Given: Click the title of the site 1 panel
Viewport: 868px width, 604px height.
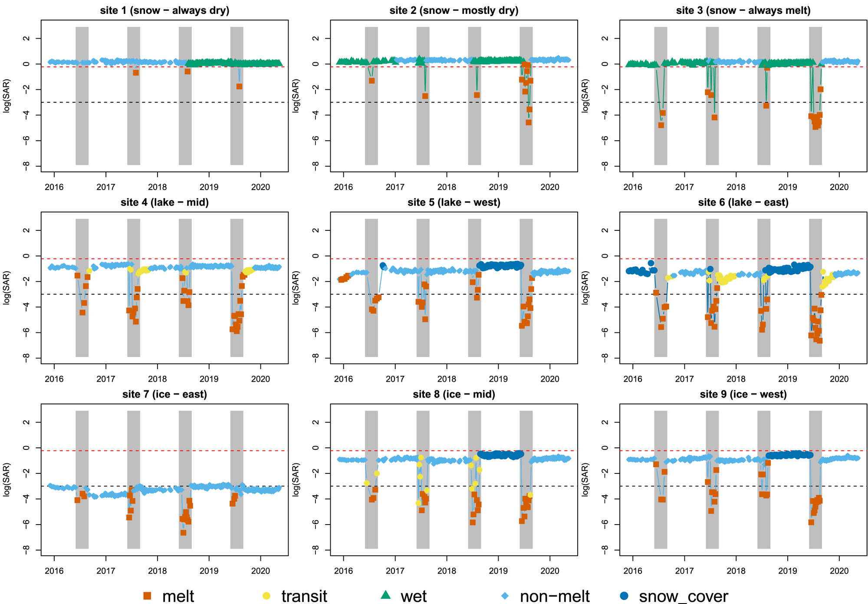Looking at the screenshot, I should pyautogui.click(x=164, y=10).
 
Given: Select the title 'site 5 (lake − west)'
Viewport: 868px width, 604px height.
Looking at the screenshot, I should pyautogui.click(x=454, y=202).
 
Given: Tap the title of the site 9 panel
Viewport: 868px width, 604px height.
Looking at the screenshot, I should pyautogui.click(x=743, y=394).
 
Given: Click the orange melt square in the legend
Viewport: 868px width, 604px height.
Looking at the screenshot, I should pyautogui.click(x=148, y=596).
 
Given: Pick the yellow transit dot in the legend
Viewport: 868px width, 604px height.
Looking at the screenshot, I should pyautogui.click(x=266, y=596).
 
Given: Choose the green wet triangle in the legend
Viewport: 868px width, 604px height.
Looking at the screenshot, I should pyautogui.click(x=385, y=595).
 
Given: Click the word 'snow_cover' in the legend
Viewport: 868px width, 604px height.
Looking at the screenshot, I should pyautogui.click(x=683, y=596).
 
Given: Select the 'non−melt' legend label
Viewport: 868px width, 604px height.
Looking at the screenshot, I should pyautogui.click(x=554, y=596).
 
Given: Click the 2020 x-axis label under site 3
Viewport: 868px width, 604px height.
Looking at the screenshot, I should pyautogui.click(x=839, y=187).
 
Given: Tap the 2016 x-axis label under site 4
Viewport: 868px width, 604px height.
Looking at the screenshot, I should pyautogui.click(x=54, y=379).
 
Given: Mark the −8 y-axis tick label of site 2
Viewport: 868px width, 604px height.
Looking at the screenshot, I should pyautogui.click(x=316, y=166).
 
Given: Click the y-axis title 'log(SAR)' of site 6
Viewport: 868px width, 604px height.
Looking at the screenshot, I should pyautogui.click(x=585, y=288).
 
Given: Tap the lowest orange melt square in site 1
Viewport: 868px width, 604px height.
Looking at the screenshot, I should pyautogui.click(x=239, y=86).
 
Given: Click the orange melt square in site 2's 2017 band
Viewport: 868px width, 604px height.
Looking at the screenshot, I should pyautogui.click(x=425, y=96).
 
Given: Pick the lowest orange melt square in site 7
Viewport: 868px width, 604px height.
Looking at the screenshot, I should pyautogui.click(x=183, y=532).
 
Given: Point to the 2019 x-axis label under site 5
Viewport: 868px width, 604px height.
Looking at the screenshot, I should pyautogui.click(x=498, y=379).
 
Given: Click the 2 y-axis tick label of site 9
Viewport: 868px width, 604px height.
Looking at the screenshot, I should pyautogui.click(x=605, y=422).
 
